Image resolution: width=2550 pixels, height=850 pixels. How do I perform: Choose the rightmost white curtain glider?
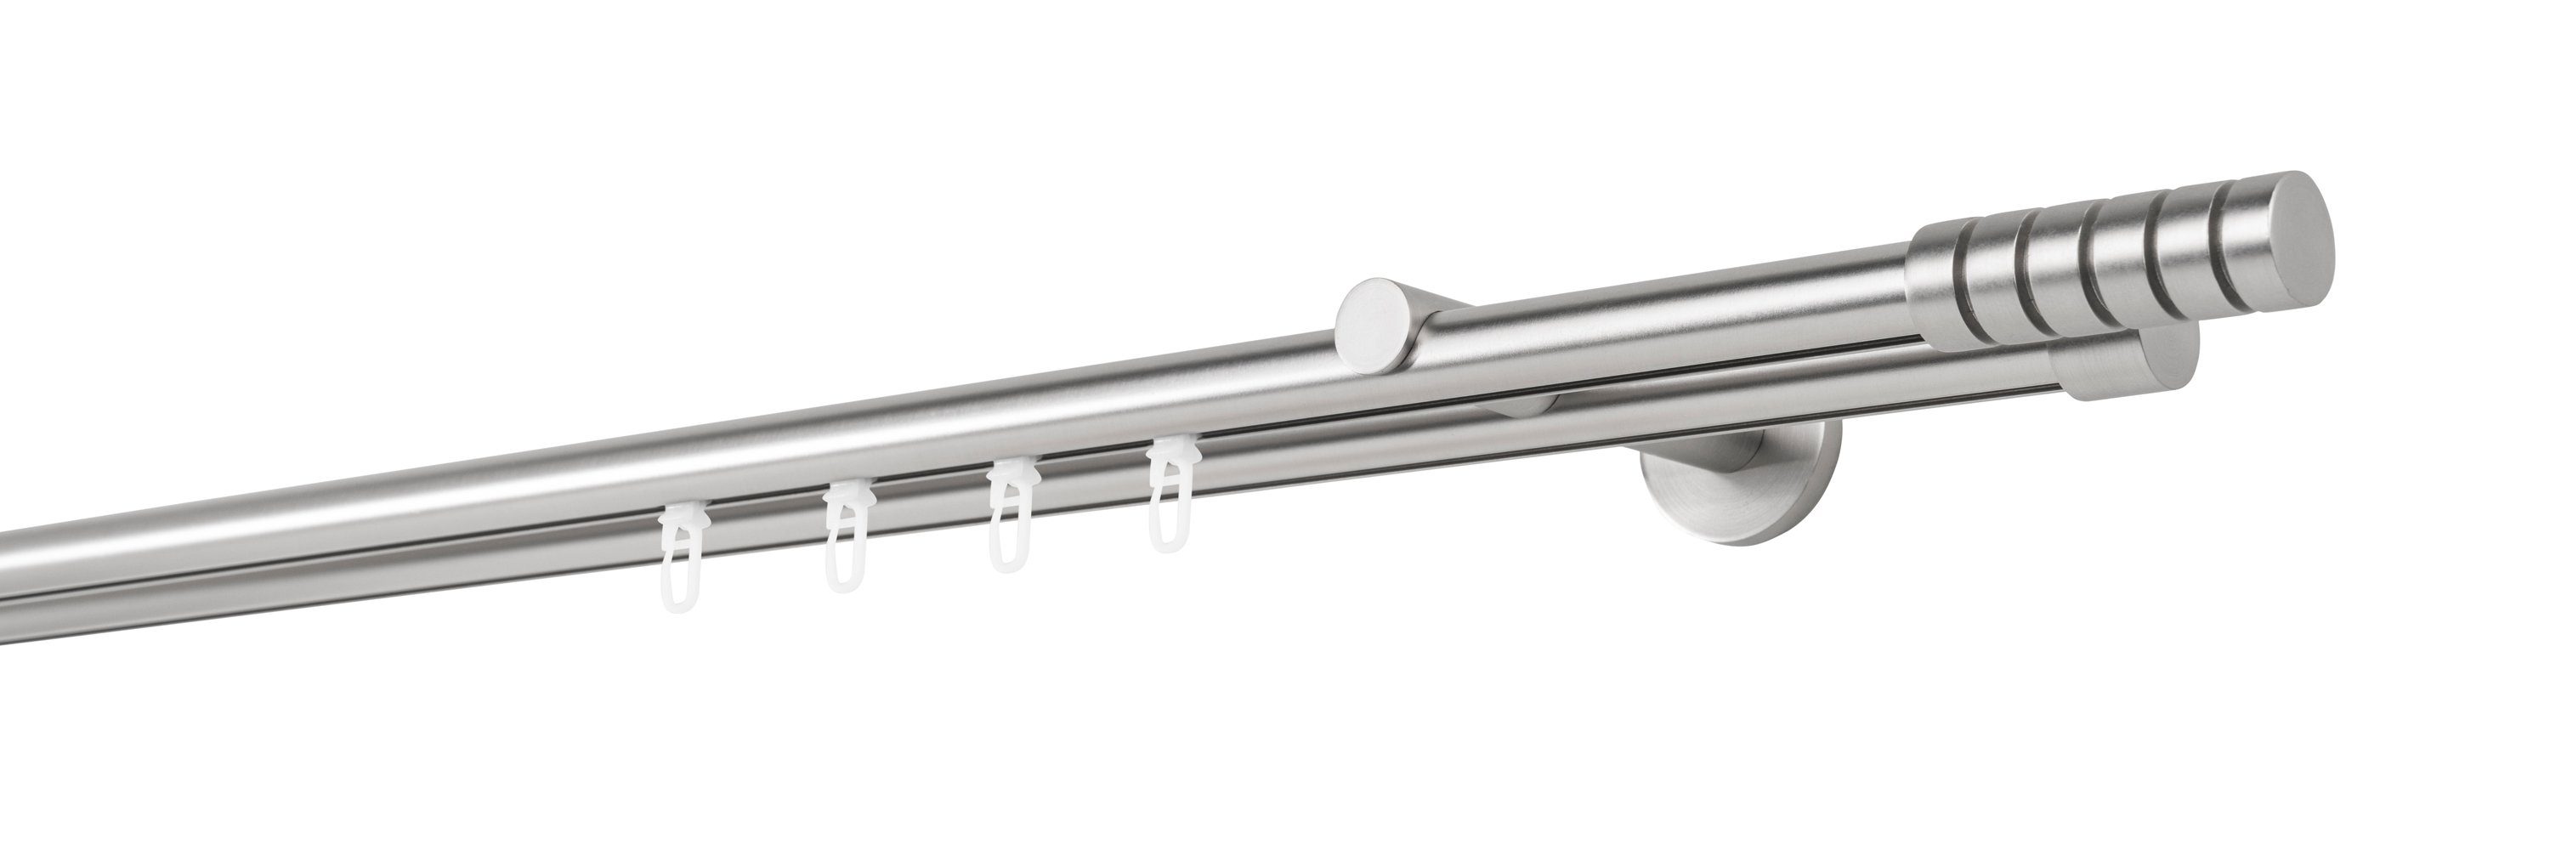coord(1168,500)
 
